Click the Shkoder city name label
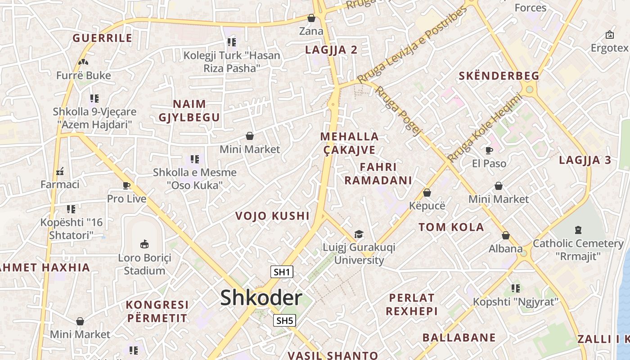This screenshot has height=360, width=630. pos(261,298)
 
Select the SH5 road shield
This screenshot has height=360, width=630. pos(284,320)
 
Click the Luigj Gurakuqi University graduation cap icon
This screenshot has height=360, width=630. pos(359,234)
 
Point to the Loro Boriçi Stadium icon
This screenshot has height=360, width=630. pos(144,244)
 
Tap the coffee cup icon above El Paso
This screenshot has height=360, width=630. pos(489,150)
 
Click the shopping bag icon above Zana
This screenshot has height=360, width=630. pos(311,18)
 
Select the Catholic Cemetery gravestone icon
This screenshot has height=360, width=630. pos(578,230)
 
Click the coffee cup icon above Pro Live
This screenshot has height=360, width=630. pos(126,185)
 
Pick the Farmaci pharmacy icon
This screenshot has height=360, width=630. pos(60,171)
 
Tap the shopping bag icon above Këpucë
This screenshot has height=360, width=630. pos(427,193)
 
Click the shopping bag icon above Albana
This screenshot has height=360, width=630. pos(506,235)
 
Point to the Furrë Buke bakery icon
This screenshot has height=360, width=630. pos(83,62)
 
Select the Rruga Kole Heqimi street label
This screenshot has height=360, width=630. pos(485,128)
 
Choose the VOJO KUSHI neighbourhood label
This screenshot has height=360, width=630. pos(273,216)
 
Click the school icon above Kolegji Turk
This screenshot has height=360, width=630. pos(232,42)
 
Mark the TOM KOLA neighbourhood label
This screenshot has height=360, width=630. pos(451,227)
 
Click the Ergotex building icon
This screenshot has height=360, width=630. pos(610,35)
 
